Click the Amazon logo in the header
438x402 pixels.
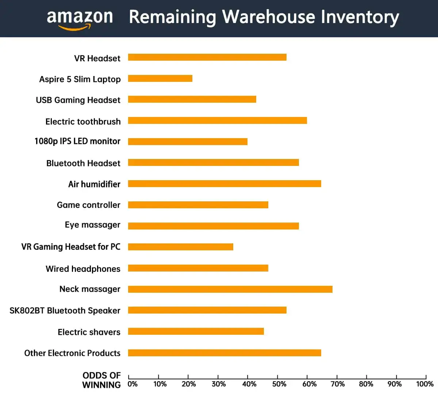click(80, 19)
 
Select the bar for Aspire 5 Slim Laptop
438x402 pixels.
click(160, 79)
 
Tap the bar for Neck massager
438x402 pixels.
click(230, 289)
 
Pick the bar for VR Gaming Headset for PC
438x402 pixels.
click(180, 247)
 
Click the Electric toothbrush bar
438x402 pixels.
click(217, 121)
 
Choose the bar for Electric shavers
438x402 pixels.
click(196, 331)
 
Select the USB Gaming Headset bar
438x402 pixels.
click(192, 99)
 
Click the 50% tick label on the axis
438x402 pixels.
click(279, 384)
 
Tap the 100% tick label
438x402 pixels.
click(425, 384)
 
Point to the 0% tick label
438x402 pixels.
click(132, 384)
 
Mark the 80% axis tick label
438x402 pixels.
click(366, 384)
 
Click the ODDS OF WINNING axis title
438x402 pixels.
click(101, 380)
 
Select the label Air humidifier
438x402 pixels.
click(94, 184)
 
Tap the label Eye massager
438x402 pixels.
click(92, 225)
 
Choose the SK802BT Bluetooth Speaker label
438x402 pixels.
click(65, 311)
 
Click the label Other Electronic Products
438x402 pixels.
click(72, 353)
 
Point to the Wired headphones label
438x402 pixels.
click(83, 269)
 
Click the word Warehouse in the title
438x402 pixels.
click(268, 17)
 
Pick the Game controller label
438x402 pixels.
click(88, 205)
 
